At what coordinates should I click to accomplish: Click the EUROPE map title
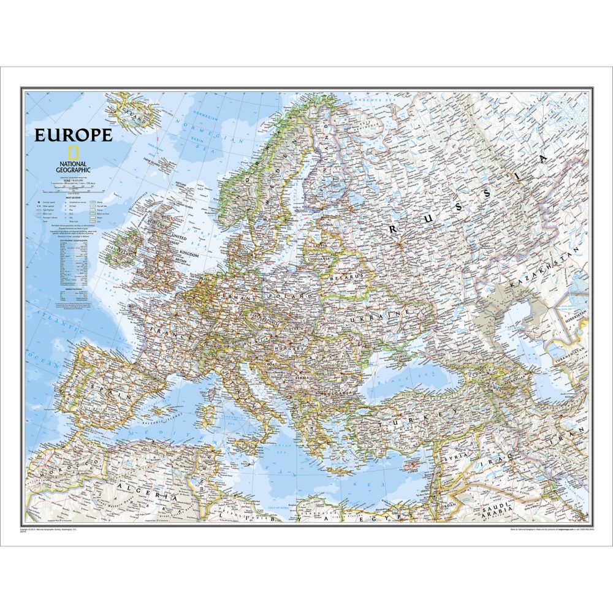[x=73, y=135]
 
